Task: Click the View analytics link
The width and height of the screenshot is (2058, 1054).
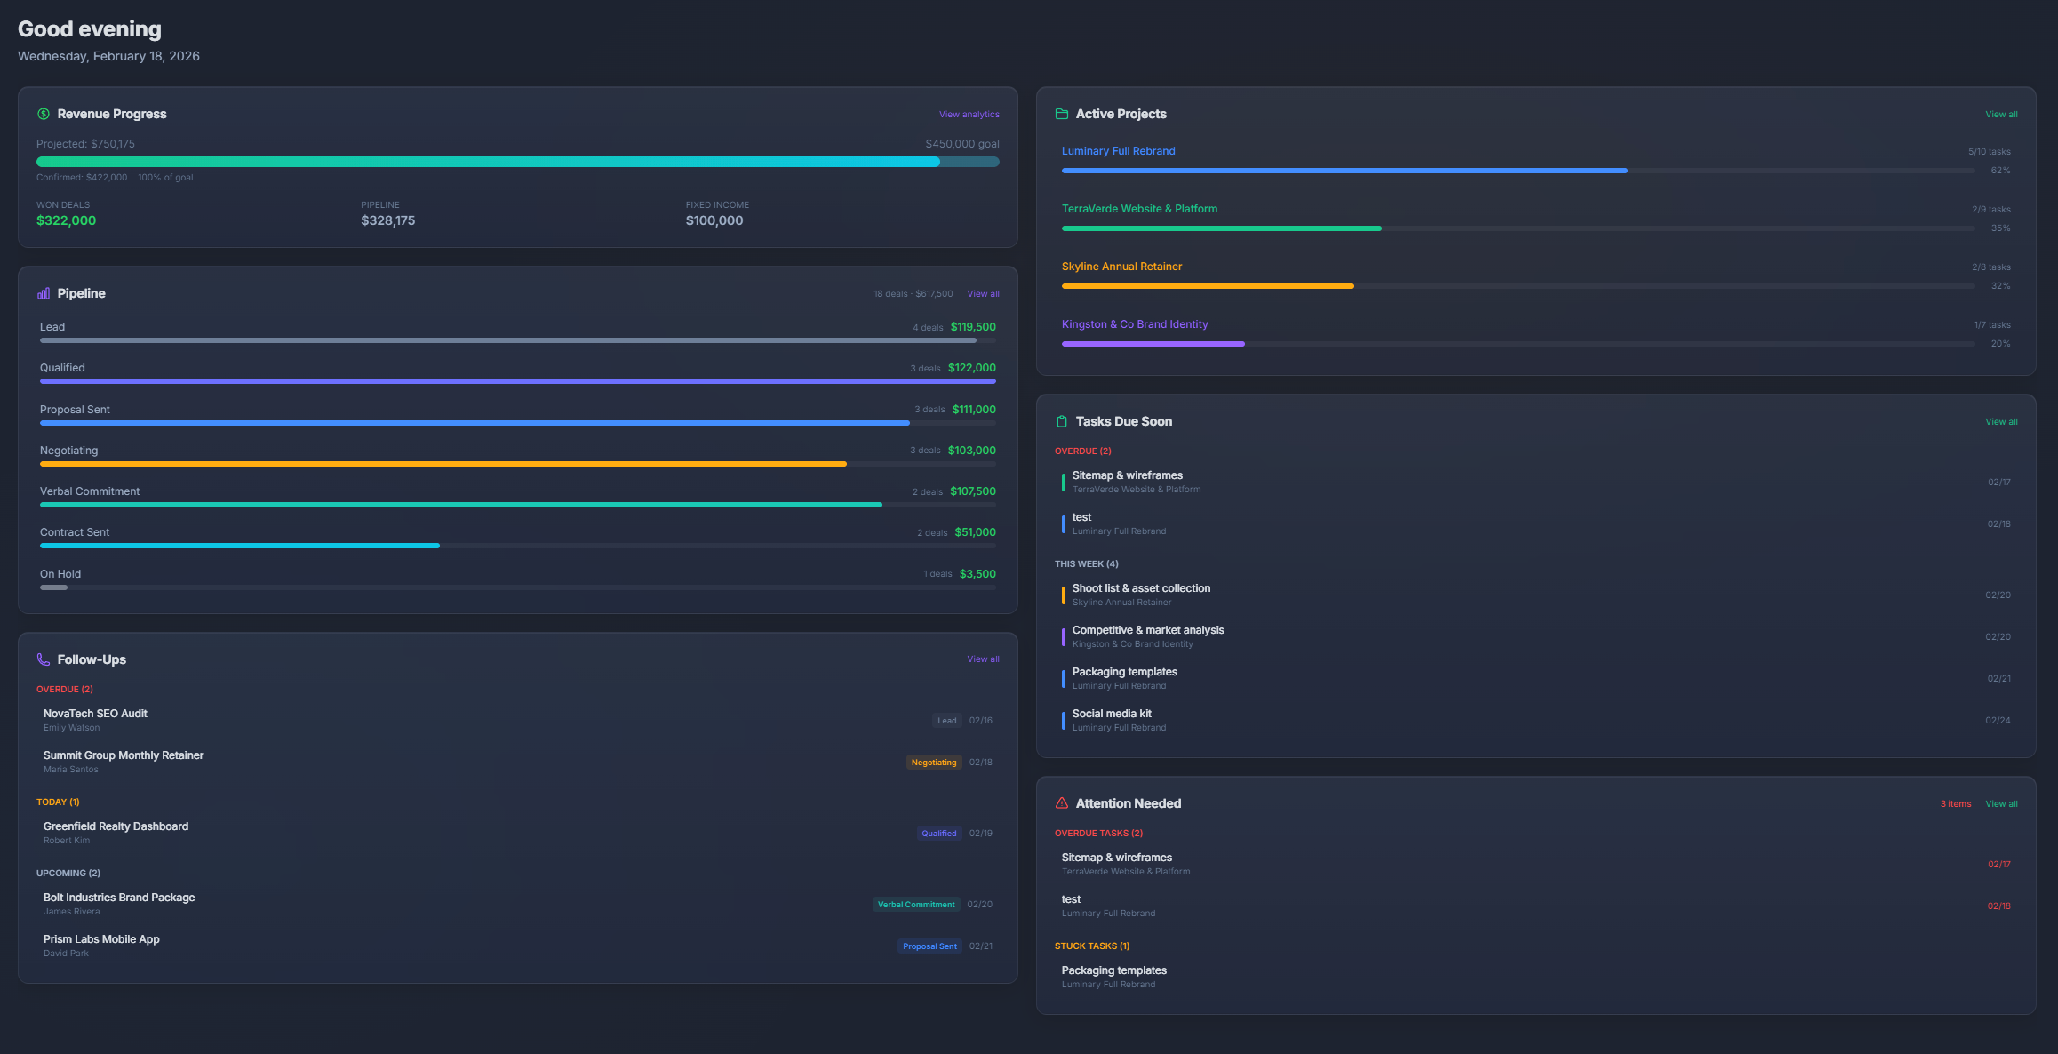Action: pos(969,115)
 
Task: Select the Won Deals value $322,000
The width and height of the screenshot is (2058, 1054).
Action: pos(66,220)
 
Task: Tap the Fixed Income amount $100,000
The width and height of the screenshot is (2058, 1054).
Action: pos(714,220)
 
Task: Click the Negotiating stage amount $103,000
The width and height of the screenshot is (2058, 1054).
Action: pos(971,451)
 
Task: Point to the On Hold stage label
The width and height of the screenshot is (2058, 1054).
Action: pos(60,574)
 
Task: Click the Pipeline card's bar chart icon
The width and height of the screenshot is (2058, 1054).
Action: pos(44,293)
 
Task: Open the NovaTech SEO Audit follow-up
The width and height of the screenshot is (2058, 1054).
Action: pos(95,714)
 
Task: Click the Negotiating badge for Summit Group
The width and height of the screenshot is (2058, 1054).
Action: pos(933,763)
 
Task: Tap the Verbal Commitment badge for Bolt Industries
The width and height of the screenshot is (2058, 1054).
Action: pos(915,905)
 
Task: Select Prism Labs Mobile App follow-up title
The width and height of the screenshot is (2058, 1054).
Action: pos(101,939)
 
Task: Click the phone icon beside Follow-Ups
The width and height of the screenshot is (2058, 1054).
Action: pos(44,659)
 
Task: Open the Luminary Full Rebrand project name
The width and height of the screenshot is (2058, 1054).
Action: pos(1118,151)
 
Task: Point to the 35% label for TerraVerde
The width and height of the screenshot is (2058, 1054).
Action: pos(1999,228)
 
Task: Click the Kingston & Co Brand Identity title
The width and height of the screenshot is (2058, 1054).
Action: pos(1134,324)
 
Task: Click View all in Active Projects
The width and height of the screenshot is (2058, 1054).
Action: pos(2001,115)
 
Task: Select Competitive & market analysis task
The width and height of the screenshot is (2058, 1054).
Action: pos(1147,630)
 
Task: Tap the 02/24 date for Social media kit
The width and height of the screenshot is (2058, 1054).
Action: pos(1998,721)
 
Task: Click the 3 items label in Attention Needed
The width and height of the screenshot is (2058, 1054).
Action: pos(1955,804)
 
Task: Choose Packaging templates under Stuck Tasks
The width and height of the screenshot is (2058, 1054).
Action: pos(1113,970)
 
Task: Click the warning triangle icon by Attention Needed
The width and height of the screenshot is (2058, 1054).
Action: pos(1061,803)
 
